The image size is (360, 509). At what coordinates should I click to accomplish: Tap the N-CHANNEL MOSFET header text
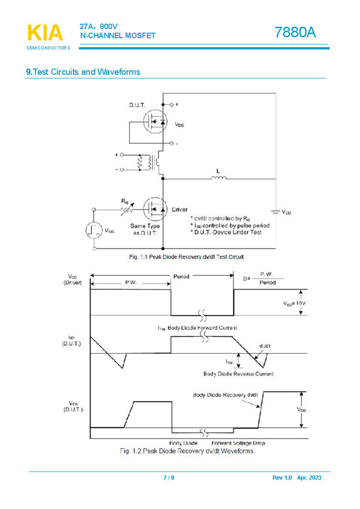118,36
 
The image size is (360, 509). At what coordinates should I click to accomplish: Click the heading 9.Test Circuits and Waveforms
83,72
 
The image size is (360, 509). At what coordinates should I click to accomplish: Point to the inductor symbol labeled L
218,178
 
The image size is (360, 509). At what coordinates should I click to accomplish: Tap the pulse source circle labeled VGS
94,230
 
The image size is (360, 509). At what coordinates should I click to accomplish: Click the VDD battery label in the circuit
286,212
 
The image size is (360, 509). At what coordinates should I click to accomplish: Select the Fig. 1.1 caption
186,257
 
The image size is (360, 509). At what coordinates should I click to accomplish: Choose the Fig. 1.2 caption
186,451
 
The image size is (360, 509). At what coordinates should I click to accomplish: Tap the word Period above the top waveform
181,276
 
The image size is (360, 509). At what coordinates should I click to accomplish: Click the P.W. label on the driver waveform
130,283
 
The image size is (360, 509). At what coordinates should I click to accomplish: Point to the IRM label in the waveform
229,361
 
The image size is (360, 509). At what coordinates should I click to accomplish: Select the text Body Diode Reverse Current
239,374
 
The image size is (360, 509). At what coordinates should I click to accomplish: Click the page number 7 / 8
169,478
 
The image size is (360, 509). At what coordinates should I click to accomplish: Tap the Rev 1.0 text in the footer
282,478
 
